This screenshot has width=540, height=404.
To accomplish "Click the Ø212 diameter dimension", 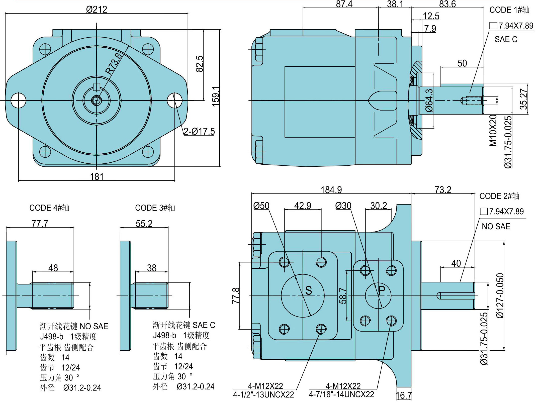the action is [97, 10].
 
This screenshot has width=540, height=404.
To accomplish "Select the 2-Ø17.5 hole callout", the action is [199, 131].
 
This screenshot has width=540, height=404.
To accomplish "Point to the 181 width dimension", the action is [97, 176].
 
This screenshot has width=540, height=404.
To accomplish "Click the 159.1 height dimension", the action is [216, 96].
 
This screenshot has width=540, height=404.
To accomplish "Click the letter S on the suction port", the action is [309, 290].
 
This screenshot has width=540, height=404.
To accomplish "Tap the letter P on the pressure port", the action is [382, 290].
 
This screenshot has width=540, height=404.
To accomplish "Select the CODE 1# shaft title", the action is [509, 10].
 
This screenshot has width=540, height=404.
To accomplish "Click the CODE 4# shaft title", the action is [49, 208].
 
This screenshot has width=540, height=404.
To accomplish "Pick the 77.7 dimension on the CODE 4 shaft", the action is [40, 223].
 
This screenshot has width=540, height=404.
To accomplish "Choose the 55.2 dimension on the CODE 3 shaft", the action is [144, 223].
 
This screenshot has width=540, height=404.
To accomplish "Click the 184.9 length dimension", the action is [331, 190].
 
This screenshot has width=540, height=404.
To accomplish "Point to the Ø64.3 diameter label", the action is [429, 100].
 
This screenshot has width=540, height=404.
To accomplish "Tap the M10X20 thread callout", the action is [493, 130].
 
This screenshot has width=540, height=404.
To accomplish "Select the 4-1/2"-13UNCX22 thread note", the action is [263, 395].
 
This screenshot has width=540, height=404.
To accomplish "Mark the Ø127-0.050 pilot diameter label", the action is [500, 296].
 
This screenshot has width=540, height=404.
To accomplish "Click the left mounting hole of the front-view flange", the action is [19, 100].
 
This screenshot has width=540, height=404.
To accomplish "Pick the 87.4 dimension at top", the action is [344, 4].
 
